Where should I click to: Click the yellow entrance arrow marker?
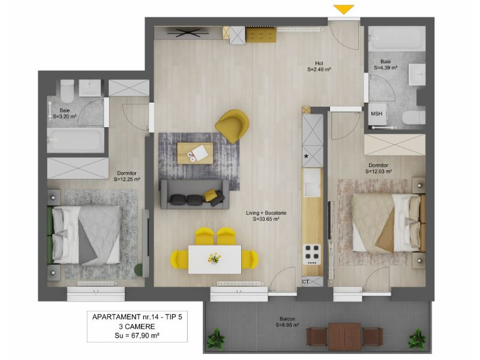pos(344,9)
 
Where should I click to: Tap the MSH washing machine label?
pos(377,113)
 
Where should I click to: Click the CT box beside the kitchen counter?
pos(313,281)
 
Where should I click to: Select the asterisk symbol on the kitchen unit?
pos(306,157)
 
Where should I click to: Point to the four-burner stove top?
pos(312,254)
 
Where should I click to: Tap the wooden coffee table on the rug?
pos(196,153)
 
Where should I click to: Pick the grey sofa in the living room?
pos(194,194)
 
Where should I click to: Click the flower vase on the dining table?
pos(215,258)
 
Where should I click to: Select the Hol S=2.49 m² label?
pos(319,67)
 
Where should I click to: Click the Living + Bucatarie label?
pos(266,216)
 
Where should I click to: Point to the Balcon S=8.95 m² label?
pos(287,322)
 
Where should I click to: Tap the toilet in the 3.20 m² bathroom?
pos(67,91)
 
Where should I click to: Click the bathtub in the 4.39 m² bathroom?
pos(397,38)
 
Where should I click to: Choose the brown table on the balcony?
pos(345,337)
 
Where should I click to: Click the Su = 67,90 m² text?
pos(137,335)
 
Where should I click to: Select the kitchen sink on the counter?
pos(312,183)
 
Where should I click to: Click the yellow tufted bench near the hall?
pos(261,35)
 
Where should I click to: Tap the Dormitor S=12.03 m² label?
pos(379,169)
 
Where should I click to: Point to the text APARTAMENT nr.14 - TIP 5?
pos(137,317)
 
